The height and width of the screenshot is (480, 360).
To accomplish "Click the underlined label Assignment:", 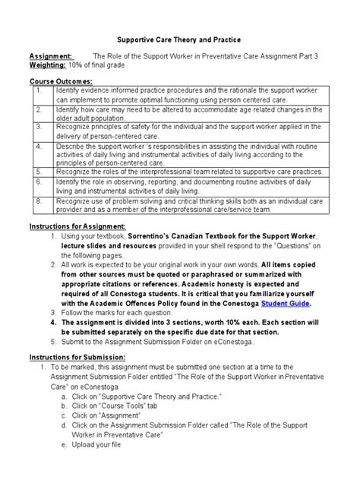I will pyautogui.click(x=51, y=56).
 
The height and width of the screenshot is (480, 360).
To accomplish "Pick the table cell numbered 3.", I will pyautogui.click(x=39, y=128).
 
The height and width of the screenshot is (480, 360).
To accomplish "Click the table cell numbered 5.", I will pyautogui.click(x=39, y=172).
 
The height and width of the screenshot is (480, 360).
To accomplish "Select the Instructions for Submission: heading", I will pyautogui.click(x=77, y=356).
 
